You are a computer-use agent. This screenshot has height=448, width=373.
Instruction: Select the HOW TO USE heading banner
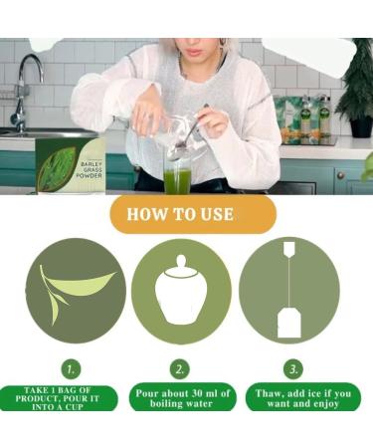(192, 214)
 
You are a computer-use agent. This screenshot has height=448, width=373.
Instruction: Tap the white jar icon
(180, 293)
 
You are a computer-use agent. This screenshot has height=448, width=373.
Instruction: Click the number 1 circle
(70, 367)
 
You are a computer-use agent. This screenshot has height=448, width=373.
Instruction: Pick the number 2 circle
(180, 367)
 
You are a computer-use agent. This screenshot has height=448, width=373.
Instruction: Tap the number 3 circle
(292, 367)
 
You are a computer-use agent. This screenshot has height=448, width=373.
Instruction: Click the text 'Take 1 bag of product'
(63, 398)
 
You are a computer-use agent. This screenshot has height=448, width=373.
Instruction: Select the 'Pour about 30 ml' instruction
(181, 398)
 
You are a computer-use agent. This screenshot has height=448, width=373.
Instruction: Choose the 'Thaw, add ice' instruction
(297, 398)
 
